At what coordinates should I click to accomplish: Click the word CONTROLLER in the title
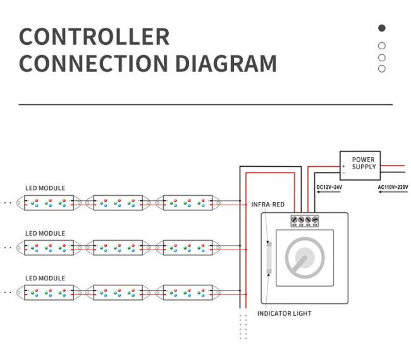[94, 37]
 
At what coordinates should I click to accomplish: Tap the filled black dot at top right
[381, 28]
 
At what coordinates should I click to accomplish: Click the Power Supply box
[359, 164]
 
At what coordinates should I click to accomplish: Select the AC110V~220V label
[393, 187]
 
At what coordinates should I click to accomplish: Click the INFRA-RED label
[268, 205]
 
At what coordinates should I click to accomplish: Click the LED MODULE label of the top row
[45, 188]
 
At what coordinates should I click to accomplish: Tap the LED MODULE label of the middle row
[45, 233]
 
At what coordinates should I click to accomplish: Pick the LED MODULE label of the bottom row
[45, 278]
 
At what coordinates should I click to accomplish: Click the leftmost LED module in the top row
[48, 203]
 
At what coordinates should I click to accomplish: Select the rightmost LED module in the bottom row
[188, 292]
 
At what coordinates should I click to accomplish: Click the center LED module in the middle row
[118, 248]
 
